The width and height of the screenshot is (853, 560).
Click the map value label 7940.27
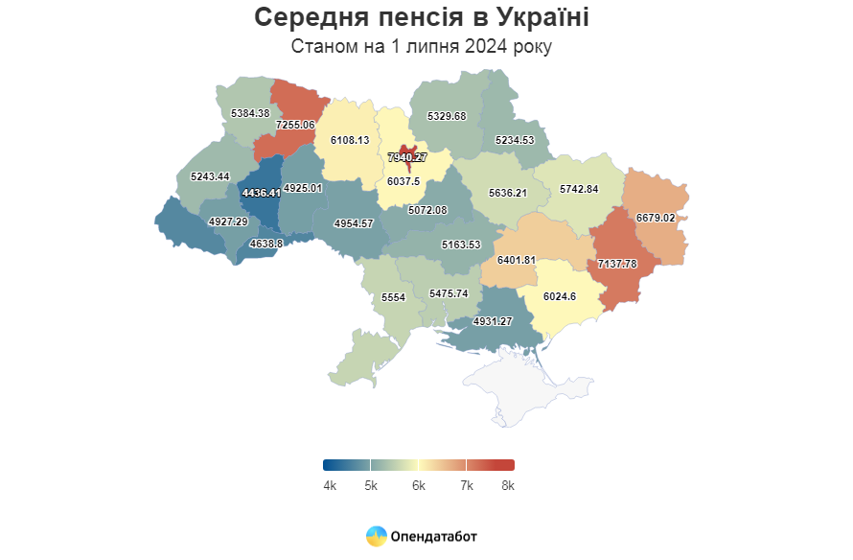(x=407, y=157)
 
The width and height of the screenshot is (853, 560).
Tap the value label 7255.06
(x=295, y=125)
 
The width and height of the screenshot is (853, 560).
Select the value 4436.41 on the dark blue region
(x=262, y=193)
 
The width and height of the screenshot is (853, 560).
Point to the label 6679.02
(x=657, y=218)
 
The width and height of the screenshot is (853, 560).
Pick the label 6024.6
(x=559, y=296)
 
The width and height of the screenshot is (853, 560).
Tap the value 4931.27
(x=493, y=321)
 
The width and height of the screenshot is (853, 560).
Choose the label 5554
(x=394, y=298)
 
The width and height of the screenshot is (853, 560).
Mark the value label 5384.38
(x=250, y=113)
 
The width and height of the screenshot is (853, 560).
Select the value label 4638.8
(x=266, y=244)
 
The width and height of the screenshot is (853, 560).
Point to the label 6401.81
(x=517, y=260)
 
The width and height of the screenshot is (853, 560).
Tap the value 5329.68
(x=447, y=116)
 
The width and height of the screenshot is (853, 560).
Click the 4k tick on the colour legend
(x=330, y=486)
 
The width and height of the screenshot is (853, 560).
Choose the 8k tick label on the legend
(x=508, y=486)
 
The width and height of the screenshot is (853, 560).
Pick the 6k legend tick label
(x=419, y=486)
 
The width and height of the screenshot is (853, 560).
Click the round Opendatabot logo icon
(x=377, y=536)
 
